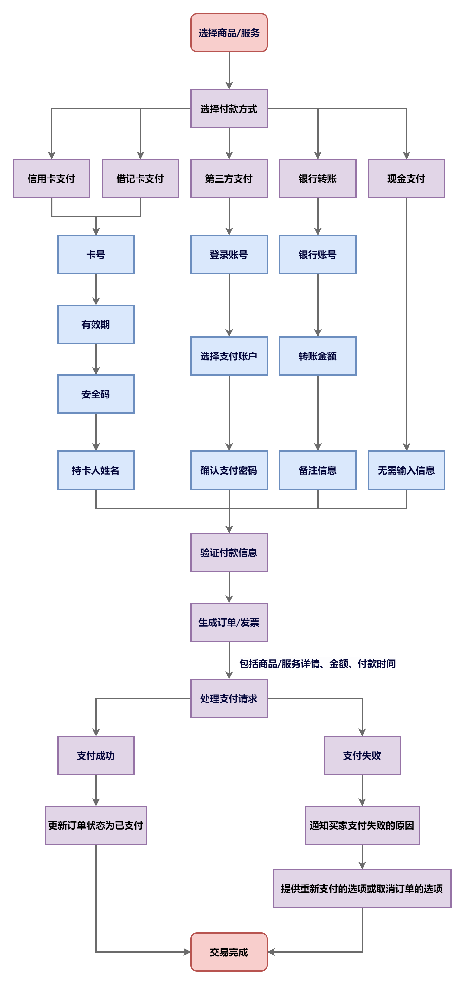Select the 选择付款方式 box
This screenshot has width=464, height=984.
[229, 109]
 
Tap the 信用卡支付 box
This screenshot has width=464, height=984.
[52, 178]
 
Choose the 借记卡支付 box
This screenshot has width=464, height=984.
[140, 178]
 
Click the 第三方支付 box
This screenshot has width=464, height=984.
[229, 178]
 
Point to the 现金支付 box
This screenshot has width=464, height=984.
[406, 178]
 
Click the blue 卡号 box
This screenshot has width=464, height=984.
[96, 255]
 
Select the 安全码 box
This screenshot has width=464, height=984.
[96, 394]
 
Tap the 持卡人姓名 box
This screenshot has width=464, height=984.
[96, 470]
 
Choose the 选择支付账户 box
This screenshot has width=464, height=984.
[229, 356]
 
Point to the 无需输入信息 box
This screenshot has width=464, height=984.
[406, 470]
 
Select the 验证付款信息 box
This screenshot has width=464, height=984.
[229, 552]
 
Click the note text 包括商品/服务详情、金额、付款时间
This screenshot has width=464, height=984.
[317, 664]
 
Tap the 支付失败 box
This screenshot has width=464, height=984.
[362, 755]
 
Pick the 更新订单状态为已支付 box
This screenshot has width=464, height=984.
[96, 825]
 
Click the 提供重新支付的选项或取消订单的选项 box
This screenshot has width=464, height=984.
[362, 889]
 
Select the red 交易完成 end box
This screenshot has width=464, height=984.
[229, 952]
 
